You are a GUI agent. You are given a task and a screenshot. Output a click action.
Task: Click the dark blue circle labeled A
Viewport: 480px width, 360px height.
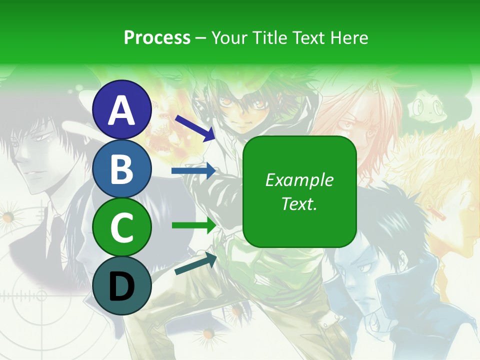[122, 110]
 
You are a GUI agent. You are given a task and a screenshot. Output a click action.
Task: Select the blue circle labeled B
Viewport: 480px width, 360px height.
[122, 168]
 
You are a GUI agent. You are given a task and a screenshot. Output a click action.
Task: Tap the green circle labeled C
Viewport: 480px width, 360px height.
[122, 227]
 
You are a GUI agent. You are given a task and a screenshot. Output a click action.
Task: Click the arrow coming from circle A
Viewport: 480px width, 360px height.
[195, 127]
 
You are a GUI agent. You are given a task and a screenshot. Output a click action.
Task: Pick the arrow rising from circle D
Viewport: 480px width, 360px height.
[195, 263]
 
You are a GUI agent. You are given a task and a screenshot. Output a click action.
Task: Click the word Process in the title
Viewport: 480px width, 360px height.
[157, 37]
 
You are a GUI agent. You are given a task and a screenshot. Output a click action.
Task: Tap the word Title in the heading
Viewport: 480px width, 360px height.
[269, 37]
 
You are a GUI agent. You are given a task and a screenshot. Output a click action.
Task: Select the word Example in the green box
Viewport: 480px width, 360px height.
[299, 180]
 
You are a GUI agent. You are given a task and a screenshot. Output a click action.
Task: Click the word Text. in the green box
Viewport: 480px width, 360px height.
[299, 203]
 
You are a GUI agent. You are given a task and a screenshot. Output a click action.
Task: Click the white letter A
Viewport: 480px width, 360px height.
[122, 110]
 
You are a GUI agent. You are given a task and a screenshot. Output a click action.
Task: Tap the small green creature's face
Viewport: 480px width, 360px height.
[425, 106]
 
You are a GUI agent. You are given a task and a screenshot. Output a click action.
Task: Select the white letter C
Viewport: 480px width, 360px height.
[122, 228]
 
